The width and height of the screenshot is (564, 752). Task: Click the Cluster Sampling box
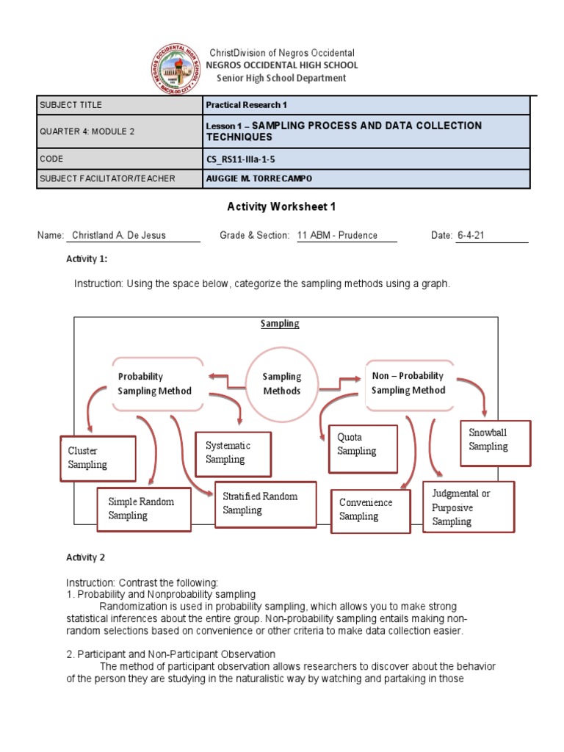[x=98, y=458]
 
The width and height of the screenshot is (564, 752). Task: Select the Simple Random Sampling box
[x=144, y=509]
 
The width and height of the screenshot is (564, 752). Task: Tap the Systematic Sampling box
[x=233, y=452]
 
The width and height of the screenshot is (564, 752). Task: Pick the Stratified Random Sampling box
[x=265, y=504]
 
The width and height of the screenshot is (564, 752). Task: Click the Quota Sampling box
[x=363, y=444]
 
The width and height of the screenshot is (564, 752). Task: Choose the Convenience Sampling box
[x=370, y=510]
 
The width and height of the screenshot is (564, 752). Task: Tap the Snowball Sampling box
[x=495, y=441]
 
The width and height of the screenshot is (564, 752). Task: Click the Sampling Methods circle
[x=282, y=383]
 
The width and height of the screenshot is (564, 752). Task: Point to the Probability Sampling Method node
[x=156, y=383]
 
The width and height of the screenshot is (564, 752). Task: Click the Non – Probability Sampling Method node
[x=410, y=383]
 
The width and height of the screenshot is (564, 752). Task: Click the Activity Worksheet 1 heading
[x=282, y=207]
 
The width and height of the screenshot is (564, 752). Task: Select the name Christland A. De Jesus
[x=118, y=236]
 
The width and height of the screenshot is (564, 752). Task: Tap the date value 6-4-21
[x=471, y=236]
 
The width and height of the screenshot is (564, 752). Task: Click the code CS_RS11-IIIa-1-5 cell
[x=243, y=159]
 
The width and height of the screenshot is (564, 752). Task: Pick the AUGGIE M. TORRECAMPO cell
[x=254, y=178]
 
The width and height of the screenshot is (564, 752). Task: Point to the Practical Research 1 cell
[x=246, y=105]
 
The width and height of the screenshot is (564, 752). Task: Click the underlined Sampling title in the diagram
[x=280, y=324]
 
